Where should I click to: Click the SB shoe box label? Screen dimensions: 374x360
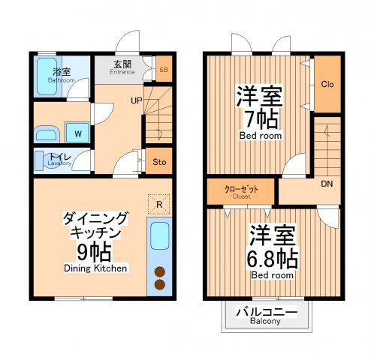coord(164,70)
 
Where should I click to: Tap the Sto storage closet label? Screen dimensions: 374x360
coord(159,162)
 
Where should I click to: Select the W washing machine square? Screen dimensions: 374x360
coord(77,133)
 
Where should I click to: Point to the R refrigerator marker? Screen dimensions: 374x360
coord(159,205)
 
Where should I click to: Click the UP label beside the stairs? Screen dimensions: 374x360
coord(137,100)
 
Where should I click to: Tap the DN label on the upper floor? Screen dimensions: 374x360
coord(327,184)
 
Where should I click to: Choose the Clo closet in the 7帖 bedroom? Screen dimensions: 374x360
coord(327,84)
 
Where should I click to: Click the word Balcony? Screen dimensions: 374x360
coord(265,321)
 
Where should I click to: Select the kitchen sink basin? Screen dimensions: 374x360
coord(160,236)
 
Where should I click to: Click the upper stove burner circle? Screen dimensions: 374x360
coord(160,271)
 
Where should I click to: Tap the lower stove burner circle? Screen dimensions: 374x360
coord(160,284)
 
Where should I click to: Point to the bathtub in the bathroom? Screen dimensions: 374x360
coord(47,76)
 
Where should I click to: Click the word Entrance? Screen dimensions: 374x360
coord(122,72)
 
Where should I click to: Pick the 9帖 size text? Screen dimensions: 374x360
coord(94,252)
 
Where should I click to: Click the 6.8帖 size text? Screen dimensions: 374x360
coord(273,258)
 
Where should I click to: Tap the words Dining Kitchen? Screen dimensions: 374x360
coord(95,268)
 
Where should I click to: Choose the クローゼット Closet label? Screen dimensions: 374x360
coord(241,192)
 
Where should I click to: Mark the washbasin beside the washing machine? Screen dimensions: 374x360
coord(47,134)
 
